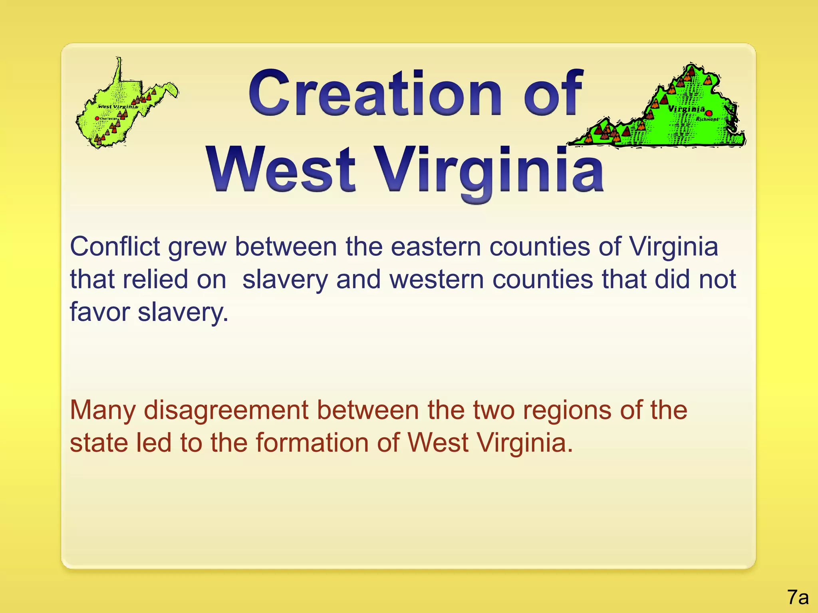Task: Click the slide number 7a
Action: click(x=798, y=597)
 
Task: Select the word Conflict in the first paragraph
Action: click(x=115, y=247)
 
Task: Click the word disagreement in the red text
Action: click(x=226, y=411)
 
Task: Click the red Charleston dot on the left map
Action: click(x=97, y=119)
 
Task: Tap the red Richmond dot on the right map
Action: click(x=709, y=113)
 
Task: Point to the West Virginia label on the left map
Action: click(x=118, y=107)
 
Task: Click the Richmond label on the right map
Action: click(x=707, y=119)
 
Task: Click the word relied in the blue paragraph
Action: click(x=155, y=279)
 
